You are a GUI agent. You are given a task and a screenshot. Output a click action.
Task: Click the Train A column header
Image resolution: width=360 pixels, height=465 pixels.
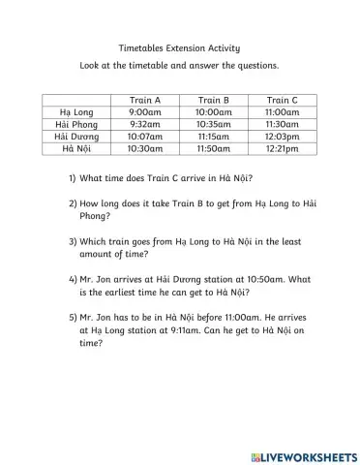click(x=144, y=100)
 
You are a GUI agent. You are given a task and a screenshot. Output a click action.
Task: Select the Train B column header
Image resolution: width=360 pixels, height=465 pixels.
click(x=213, y=100)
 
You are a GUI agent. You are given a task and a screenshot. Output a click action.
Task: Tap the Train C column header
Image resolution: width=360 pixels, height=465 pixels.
click(x=282, y=100)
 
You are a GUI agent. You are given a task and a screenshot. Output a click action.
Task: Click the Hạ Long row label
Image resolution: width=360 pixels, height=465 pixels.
click(x=76, y=112)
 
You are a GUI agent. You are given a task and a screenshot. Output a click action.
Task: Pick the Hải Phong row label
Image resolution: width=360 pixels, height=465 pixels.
click(x=76, y=125)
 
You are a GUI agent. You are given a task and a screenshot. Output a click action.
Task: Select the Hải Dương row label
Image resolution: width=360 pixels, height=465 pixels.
click(x=76, y=138)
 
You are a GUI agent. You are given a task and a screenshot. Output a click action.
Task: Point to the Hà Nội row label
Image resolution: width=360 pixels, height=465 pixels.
click(x=76, y=150)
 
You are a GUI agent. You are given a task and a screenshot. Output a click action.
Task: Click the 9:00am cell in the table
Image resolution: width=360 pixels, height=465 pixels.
click(x=144, y=112)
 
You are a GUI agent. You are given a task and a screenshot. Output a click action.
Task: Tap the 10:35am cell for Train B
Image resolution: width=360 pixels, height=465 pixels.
click(x=213, y=125)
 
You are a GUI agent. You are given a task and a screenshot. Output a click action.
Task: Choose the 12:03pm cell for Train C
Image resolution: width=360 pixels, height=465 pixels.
click(x=282, y=138)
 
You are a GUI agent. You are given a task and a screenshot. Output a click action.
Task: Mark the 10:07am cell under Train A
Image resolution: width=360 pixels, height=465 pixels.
click(x=144, y=138)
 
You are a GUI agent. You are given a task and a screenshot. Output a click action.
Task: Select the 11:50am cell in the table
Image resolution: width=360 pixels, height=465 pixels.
click(x=213, y=150)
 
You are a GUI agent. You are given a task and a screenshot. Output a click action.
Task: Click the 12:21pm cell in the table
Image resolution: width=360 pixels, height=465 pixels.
click(x=282, y=150)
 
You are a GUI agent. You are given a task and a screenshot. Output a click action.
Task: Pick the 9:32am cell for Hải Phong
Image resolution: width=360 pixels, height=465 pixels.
click(x=144, y=125)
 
